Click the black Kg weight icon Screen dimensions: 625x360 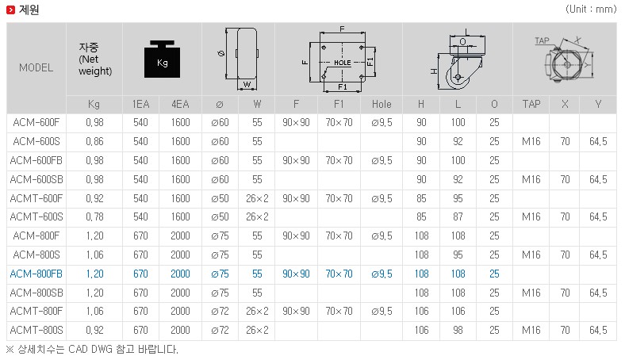pyautogui.click(x=163, y=59)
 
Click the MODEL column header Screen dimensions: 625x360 pyautogui.click(x=36, y=67)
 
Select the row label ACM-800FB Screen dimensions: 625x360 pyautogui.click(x=36, y=274)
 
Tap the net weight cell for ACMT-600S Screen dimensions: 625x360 pyautogui.click(x=95, y=217)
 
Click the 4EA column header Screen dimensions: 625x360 pyautogui.click(x=180, y=105)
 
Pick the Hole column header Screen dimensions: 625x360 pyautogui.click(x=382, y=105)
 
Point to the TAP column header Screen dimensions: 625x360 pyautogui.click(x=531, y=105)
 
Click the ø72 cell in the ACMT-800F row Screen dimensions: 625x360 pyautogui.click(x=220, y=312)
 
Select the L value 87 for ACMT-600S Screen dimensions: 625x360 pyautogui.click(x=458, y=217)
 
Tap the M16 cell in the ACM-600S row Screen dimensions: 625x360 pyautogui.click(x=531, y=141)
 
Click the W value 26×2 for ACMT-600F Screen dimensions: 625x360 pyautogui.click(x=257, y=198)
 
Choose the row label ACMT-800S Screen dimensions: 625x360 pyautogui.click(x=36, y=330)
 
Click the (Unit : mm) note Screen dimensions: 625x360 pyautogui.click(x=591, y=10)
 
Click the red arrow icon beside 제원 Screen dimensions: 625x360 pyautogui.click(x=11, y=10)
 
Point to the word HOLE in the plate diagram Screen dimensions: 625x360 pyautogui.click(x=343, y=63)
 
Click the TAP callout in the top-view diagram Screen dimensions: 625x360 pyautogui.click(x=542, y=40)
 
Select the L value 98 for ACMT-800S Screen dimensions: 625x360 pyautogui.click(x=458, y=330)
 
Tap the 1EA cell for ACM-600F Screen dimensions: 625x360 pyautogui.click(x=140, y=122)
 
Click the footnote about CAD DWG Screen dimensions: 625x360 pyautogui.click(x=93, y=350)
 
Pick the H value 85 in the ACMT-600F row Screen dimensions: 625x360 pyautogui.click(x=421, y=198)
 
